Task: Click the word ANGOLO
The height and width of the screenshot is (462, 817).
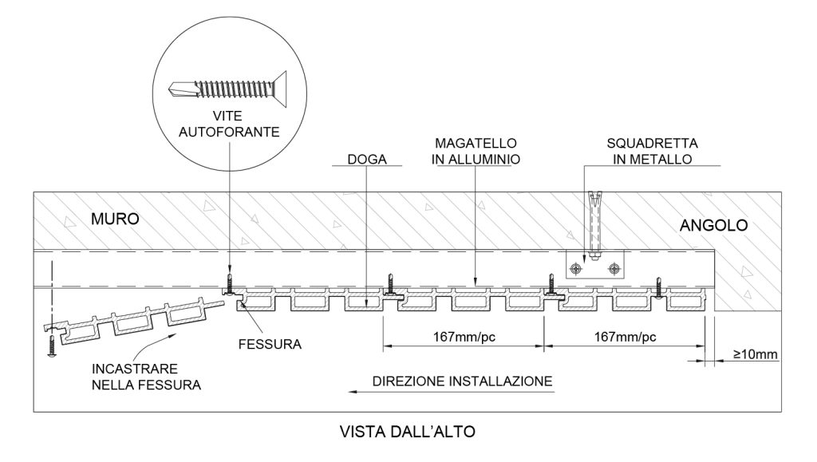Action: point(713,226)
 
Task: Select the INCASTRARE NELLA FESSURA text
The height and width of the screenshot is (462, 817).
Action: point(146,377)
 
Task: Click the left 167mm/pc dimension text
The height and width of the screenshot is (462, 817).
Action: point(464,336)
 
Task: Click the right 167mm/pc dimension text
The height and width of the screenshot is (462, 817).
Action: point(626,336)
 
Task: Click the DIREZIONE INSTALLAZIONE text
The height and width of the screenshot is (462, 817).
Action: point(463,381)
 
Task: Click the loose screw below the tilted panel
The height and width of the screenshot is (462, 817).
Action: point(51,347)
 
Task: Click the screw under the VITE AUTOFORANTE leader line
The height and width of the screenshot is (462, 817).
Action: point(229,283)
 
